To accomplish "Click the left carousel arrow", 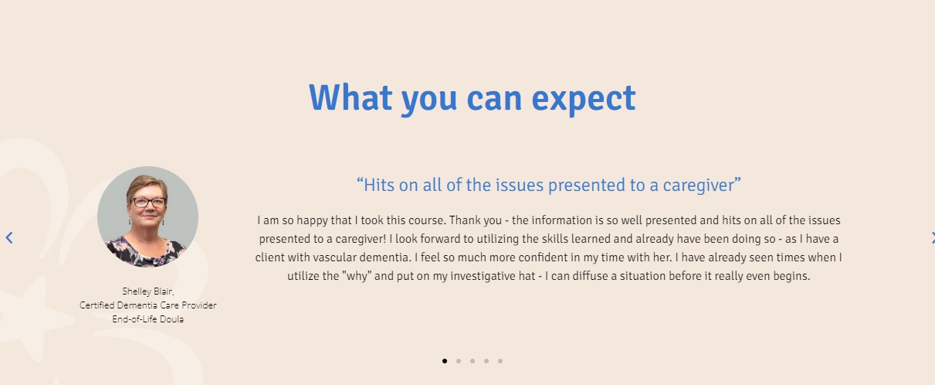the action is (9, 237).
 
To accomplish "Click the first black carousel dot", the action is (445, 361).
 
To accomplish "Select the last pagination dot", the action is (500, 361).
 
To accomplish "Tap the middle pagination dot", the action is (473, 361).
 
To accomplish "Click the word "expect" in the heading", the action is (584, 99).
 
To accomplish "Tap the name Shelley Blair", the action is (147, 291).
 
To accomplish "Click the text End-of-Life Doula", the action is (147, 319).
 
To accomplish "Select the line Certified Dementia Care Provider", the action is (147, 305).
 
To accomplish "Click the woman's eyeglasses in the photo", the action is (149, 203).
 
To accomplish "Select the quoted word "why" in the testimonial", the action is (357, 276).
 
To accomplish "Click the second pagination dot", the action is (459, 361).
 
